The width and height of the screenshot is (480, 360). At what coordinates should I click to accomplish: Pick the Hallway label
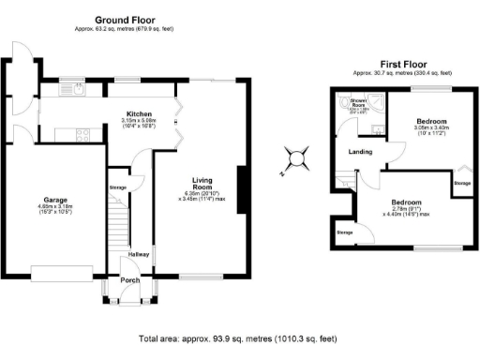tap(139, 253)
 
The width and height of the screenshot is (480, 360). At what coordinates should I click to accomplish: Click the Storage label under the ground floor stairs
tap(118, 187)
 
